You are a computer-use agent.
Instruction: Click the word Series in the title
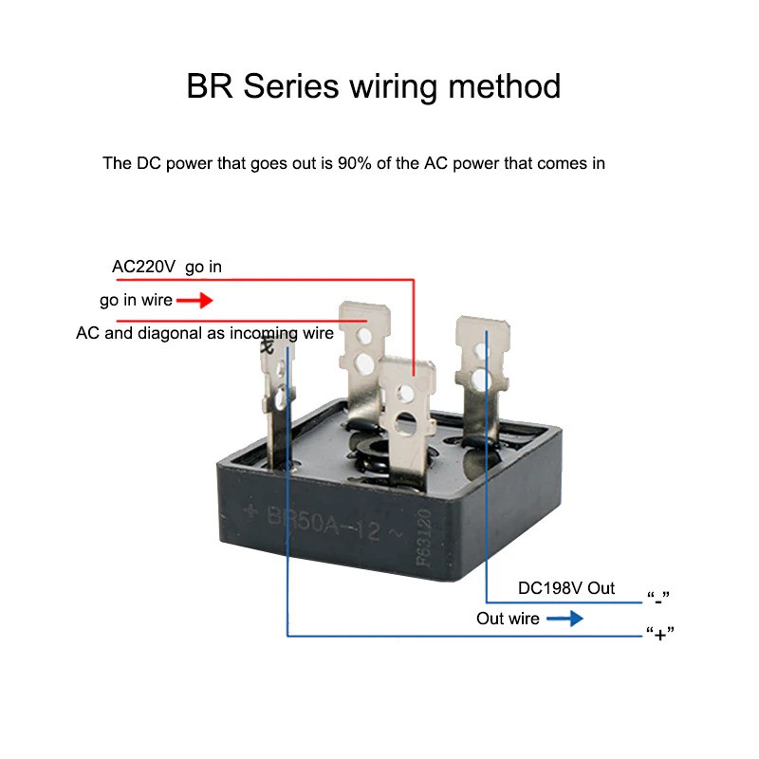291,86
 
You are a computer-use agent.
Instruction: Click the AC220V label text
143,267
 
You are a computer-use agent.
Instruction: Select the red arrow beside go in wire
195,301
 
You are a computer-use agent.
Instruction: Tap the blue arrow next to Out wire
565,619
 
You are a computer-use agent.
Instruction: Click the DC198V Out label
566,588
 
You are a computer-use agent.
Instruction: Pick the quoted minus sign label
658,598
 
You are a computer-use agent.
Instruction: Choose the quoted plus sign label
658,633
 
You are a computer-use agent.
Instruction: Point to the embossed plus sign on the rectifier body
252,513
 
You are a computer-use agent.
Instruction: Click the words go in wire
136,301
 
